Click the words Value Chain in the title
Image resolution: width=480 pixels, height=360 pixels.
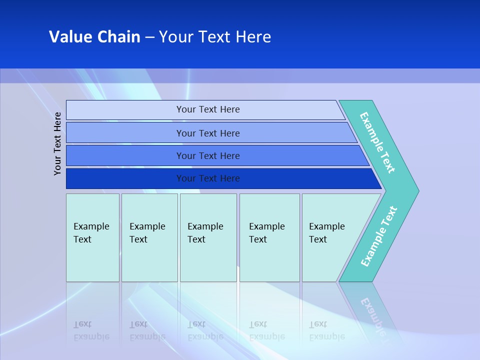(94, 37)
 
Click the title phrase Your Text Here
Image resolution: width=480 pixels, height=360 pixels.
(215, 37)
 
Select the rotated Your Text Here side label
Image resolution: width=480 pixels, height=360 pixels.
(57, 143)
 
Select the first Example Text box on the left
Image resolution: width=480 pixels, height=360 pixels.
(92, 237)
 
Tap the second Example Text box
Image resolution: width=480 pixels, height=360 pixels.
(149, 237)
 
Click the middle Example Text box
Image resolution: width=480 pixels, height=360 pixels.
(208, 237)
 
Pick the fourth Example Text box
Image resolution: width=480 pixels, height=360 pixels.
(269, 237)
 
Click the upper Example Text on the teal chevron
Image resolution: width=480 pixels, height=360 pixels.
(377, 142)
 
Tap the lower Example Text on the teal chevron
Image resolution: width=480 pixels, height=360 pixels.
(379, 236)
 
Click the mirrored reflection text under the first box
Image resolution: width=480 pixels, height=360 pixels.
(91, 330)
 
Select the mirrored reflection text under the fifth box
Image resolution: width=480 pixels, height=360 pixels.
(326, 330)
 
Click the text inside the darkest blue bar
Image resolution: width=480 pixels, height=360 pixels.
(208, 178)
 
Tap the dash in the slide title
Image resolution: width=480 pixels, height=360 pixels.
(149, 37)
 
